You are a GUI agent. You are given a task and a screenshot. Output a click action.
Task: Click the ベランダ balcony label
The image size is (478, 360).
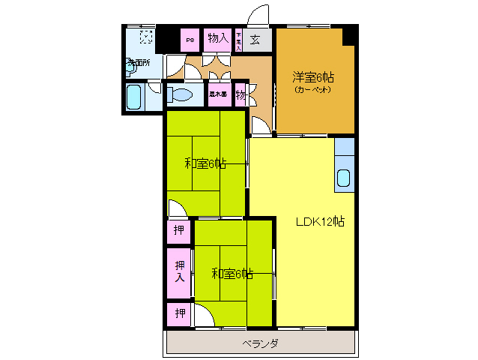tap(260, 343)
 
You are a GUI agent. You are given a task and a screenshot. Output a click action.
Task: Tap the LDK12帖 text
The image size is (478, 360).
tap(320, 221)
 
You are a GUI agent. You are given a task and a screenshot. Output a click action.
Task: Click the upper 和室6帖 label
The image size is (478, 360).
tap(205, 163)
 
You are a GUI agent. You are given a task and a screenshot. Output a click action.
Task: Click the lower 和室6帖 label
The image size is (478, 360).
tap(232, 274)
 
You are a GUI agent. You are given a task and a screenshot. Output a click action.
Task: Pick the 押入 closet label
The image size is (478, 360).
tap(180, 271)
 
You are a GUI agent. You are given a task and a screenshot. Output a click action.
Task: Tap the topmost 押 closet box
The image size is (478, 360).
tap(179, 230)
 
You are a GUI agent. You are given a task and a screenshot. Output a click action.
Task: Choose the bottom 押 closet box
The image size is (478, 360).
tap(180, 313)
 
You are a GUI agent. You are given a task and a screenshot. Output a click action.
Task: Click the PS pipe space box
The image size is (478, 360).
tap(190, 39)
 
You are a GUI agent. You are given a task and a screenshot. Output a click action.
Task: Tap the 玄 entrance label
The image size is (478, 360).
tap(255, 39)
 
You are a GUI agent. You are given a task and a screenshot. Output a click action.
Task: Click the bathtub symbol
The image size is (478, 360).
tap(136, 97)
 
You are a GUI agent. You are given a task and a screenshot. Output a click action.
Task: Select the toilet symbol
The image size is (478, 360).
tap(179, 94)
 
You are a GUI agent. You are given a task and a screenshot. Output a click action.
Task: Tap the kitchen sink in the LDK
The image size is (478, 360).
tap(344, 178)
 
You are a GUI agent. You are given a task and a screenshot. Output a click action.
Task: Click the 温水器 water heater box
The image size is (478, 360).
tap(218, 94)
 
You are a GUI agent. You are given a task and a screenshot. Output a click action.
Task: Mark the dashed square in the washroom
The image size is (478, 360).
tap(146, 36)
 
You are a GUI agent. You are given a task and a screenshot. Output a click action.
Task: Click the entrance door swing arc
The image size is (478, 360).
tap(258, 14)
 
